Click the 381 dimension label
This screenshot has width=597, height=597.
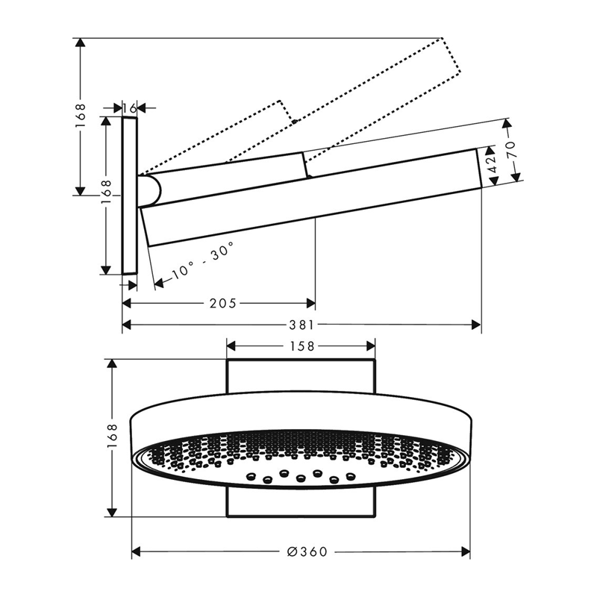301,325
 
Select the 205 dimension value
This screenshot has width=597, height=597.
222,304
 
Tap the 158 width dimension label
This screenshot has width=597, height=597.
302,346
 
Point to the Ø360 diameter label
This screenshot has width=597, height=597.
307,551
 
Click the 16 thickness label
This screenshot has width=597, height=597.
129,108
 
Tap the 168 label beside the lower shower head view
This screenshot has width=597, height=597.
113,438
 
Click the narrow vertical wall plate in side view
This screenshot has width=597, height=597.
129,196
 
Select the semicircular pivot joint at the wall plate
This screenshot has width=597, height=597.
151,191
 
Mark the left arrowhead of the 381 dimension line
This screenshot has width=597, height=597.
126,325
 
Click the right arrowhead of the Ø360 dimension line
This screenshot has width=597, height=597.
466,551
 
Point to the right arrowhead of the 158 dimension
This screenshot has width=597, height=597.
371,346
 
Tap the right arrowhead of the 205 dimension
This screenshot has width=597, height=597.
311,304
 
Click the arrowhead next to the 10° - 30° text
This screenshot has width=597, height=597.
159,283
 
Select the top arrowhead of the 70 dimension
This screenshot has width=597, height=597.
506,123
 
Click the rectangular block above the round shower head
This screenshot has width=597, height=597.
301,375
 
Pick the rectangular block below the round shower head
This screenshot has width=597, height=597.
301,501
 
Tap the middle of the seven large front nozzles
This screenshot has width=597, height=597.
301,477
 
